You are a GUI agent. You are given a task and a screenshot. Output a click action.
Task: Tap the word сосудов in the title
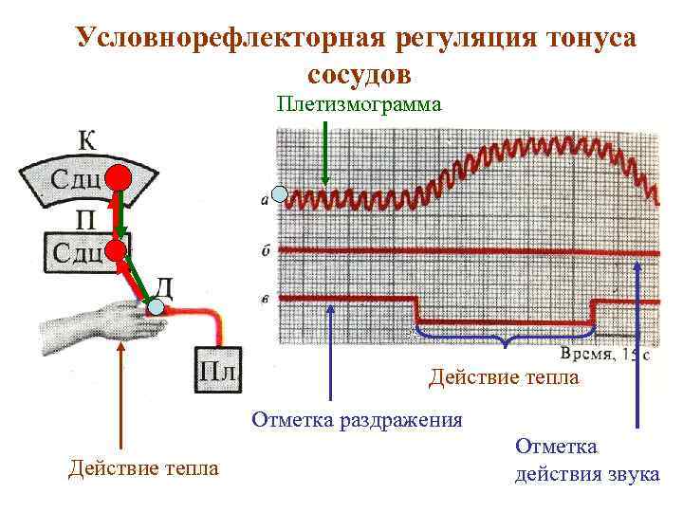tap(360, 73)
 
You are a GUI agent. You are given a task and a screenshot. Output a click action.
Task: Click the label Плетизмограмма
tap(360, 103)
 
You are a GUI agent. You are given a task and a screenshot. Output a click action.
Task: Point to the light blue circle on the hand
tap(155, 307)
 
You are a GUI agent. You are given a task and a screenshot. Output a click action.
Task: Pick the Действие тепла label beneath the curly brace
tap(503, 378)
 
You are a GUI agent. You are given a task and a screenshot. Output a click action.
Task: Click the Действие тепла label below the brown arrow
tap(143, 468)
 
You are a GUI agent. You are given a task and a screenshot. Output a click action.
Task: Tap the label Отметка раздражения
tap(357, 420)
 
